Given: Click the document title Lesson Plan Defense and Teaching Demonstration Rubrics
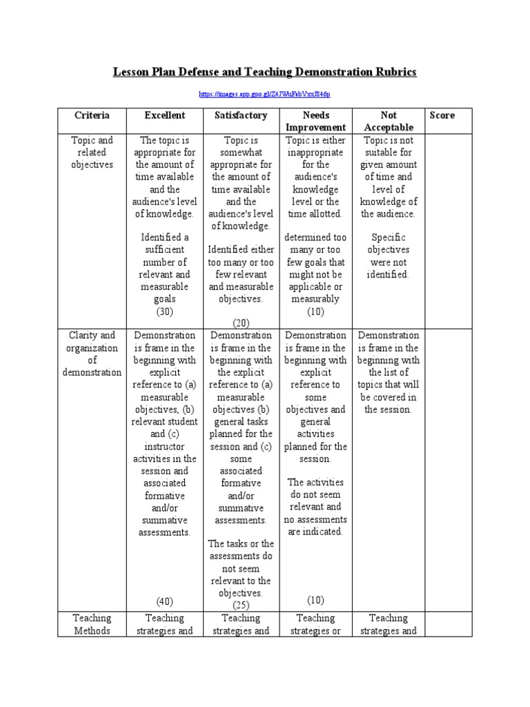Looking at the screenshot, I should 265,72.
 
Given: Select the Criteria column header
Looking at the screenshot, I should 92,115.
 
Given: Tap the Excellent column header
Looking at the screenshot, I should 165,115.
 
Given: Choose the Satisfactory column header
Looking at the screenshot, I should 240,115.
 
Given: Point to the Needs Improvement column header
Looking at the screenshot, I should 315,121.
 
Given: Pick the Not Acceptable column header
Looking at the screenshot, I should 389,121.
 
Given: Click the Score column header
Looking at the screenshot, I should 442,115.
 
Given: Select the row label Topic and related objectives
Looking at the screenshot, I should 92,153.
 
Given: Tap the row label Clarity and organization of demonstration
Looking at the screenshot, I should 92,353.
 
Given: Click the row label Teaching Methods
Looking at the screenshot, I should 92,624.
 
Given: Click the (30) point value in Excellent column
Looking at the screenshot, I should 165,311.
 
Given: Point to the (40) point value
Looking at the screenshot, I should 165,600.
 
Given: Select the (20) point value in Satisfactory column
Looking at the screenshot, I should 240,322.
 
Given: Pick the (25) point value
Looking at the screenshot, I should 240,605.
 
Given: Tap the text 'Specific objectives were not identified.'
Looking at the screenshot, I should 389,255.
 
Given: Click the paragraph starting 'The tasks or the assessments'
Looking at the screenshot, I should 240,568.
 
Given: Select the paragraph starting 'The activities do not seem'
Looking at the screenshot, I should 315,507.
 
